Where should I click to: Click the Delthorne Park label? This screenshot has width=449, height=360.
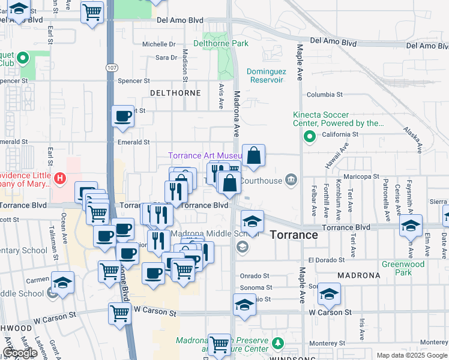pos(221,44)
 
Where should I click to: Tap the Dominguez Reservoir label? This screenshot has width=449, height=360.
pos(267,76)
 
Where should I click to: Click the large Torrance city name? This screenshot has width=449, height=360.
pos(294,235)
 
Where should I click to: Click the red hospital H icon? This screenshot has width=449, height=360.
pos(59,178)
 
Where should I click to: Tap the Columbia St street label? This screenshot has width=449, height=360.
pos(324,95)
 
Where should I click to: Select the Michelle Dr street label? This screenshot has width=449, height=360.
pos(158,44)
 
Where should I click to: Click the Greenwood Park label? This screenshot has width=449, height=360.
pos(403,268)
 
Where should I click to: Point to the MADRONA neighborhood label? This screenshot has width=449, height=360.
pos(358,275)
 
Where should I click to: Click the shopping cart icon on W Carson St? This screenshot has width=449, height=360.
pos(119,313)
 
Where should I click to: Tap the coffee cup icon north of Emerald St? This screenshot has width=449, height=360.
pos(123,116)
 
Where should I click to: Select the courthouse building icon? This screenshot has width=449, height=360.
pos(291,178)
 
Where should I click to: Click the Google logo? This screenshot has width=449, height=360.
pos(20,353)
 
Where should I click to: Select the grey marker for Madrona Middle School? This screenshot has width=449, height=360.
pos(242,246)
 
